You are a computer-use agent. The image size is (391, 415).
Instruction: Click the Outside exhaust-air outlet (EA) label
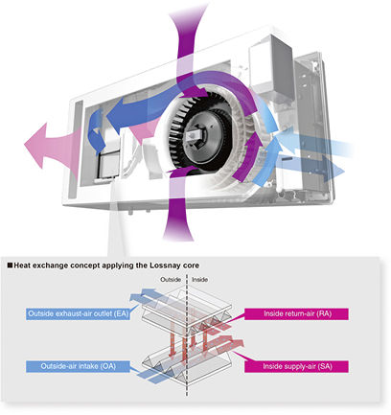pos(78,313)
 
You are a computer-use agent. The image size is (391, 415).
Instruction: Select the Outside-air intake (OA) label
pos(78,366)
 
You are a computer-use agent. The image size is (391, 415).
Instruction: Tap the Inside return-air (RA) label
pos(296,313)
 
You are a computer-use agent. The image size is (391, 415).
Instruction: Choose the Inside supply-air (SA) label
pos(296,366)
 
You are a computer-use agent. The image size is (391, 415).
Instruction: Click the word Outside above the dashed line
pos(171,280)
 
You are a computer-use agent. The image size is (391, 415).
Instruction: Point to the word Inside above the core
pos(199,280)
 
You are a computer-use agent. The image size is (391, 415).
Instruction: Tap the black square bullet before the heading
pos(10,265)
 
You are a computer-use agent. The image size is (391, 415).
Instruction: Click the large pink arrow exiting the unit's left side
pos(51,145)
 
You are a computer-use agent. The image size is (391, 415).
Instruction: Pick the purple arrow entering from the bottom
pos(177,208)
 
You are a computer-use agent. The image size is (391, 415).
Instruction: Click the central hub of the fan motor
pos(195,137)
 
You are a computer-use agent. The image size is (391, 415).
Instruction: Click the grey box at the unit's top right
pos(271,65)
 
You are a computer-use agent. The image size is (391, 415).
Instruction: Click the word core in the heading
pos(192,265)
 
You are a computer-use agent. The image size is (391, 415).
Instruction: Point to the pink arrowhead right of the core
pos(237,345)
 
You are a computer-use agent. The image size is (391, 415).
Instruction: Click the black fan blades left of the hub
pos(175,136)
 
